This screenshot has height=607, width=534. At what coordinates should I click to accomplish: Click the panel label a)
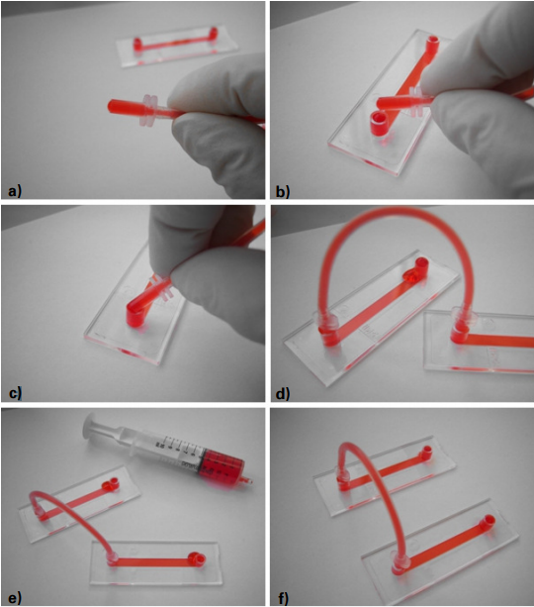pyautogui.click(x=15, y=191)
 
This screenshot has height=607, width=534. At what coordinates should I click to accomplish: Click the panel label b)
pyautogui.click(x=283, y=191)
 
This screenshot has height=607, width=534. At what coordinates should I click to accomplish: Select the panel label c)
pyautogui.click(x=15, y=393)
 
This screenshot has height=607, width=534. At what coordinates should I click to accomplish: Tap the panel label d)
pyautogui.click(x=283, y=393)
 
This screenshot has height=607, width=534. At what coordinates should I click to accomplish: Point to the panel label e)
pyautogui.click(x=15, y=598)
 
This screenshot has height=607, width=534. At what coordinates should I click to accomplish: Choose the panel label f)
pyautogui.click(x=284, y=598)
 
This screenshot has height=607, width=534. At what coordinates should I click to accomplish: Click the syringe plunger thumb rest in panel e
pyautogui.click(x=89, y=426)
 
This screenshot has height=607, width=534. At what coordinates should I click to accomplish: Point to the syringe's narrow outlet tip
pyautogui.click(x=247, y=481)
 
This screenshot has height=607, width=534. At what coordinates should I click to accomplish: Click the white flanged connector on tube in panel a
pyautogui.click(x=149, y=110)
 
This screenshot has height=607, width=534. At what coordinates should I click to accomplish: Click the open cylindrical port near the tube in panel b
pyautogui.click(x=380, y=124)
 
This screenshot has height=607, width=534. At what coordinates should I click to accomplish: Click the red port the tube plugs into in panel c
pyautogui.click(x=134, y=316)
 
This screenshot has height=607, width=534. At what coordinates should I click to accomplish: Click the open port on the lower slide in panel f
pyautogui.click(x=488, y=522)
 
